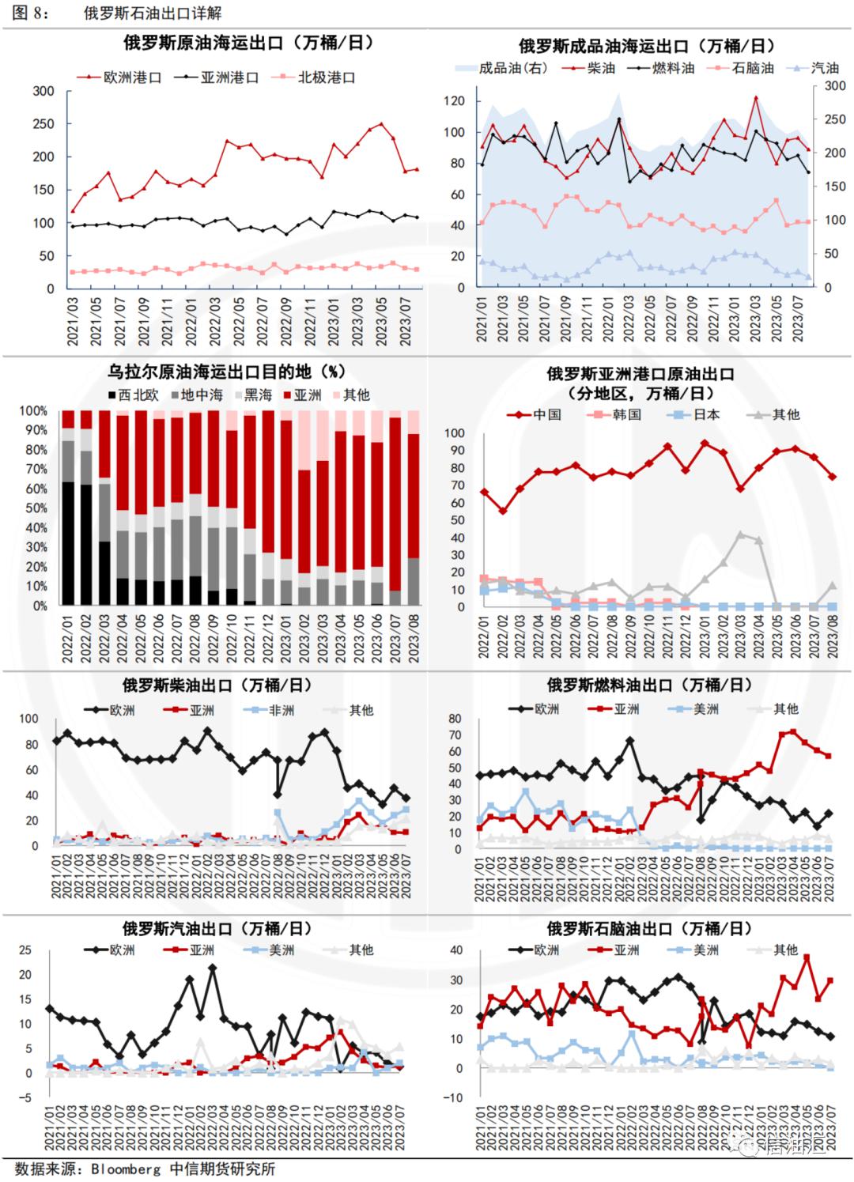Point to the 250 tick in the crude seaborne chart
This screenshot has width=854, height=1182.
[43, 124]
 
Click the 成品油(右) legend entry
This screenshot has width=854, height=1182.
[501, 69]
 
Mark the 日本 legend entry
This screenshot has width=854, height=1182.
[696, 414]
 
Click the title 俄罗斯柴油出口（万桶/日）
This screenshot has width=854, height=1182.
[217, 685]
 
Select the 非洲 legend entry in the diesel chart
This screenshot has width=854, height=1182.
[272, 710]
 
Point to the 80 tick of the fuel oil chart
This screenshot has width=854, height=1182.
[455, 719]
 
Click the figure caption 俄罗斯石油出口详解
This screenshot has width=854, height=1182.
[153, 13]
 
